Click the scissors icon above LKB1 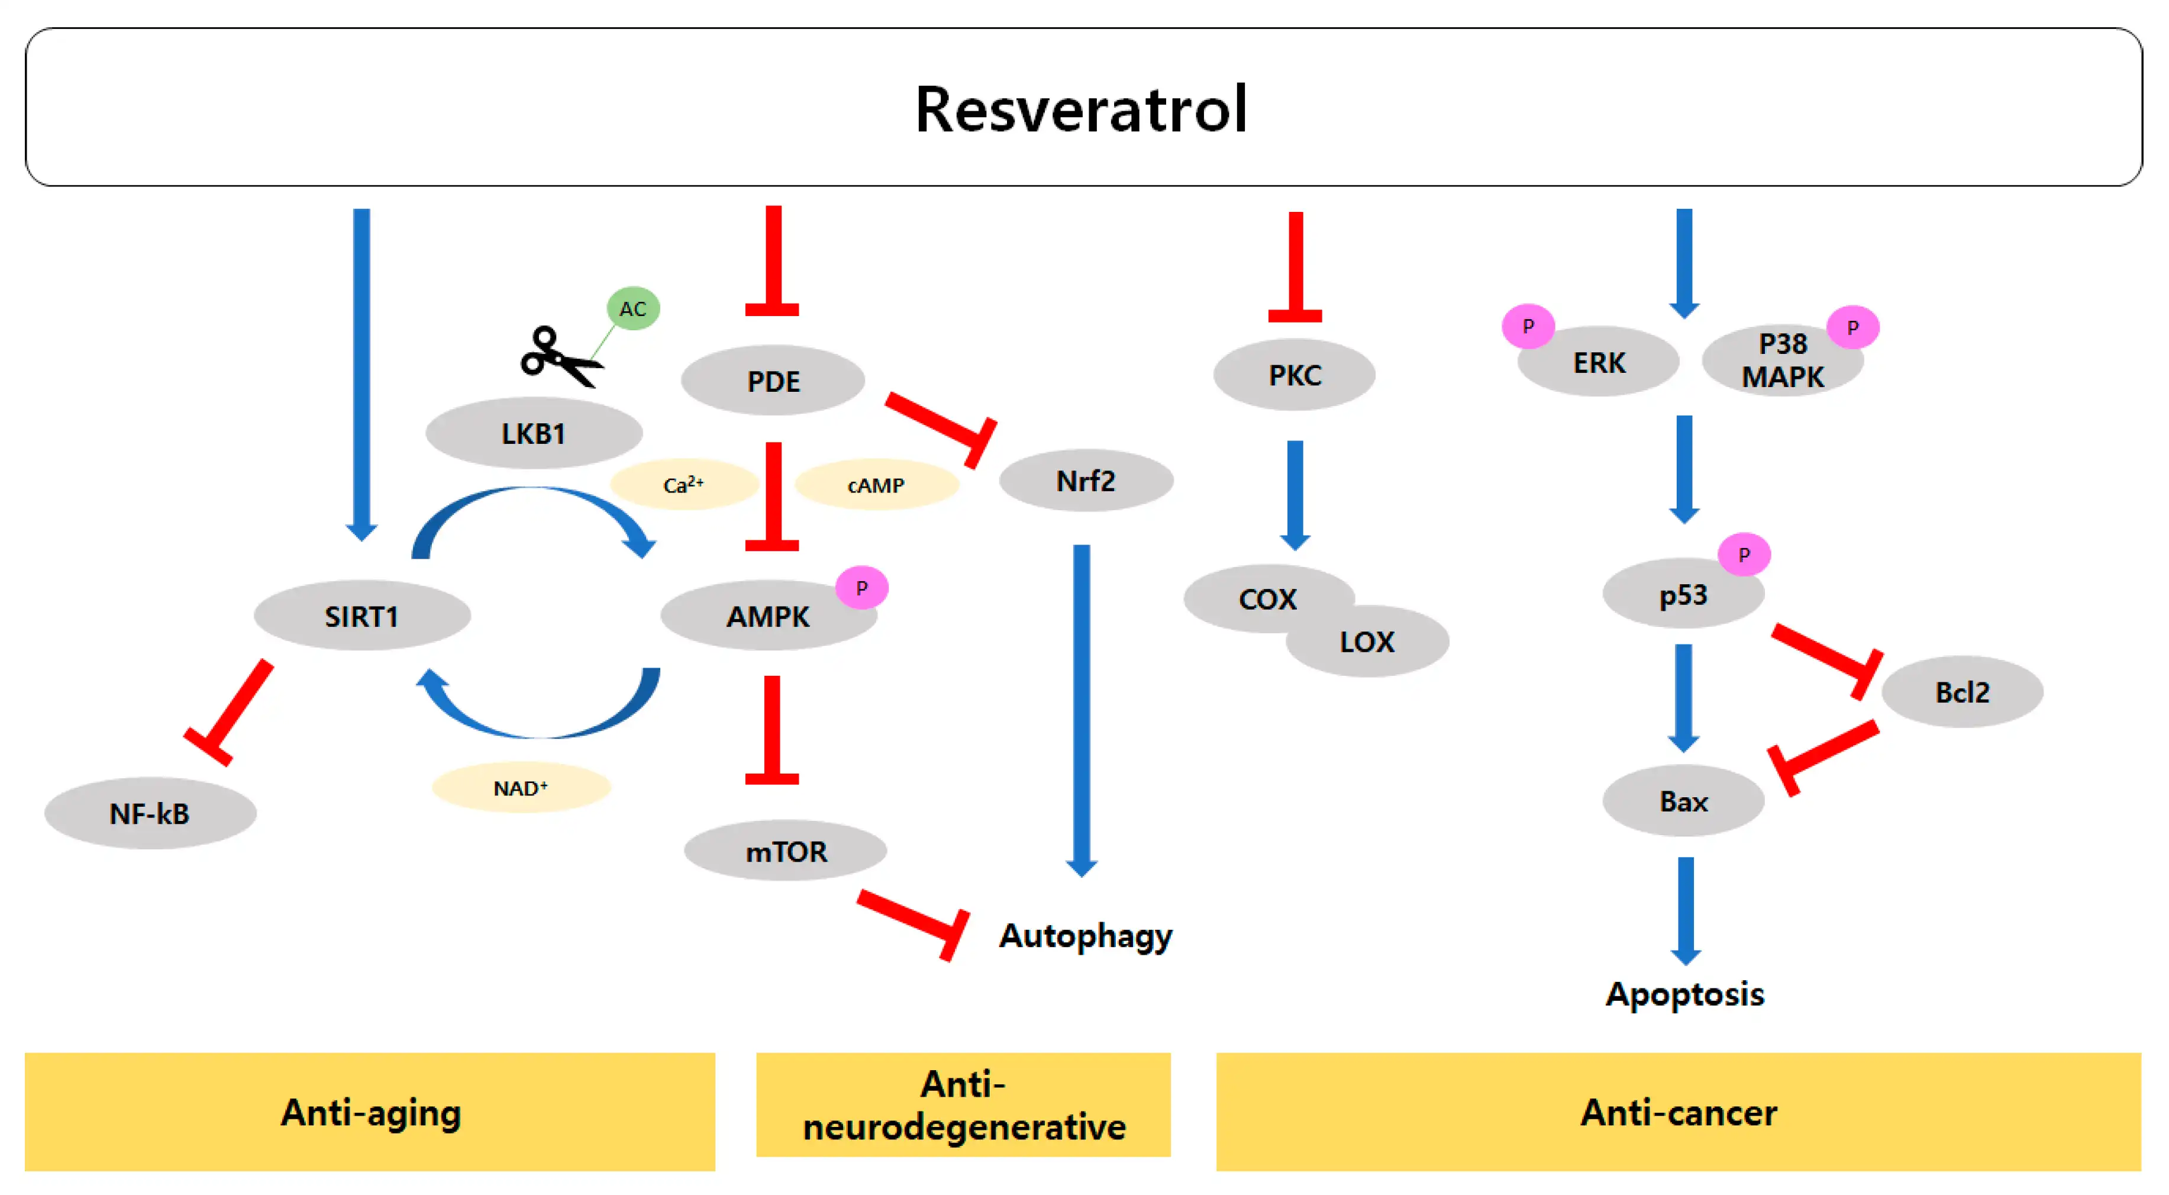[x=559, y=357]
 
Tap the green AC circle [x=632, y=308]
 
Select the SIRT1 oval [x=362, y=616]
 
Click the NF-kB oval [x=150, y=813]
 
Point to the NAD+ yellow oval [x=520, y=787]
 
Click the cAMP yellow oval [x=876, y=485]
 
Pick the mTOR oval [x=786, y=851]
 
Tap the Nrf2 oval [x=1085, y=481]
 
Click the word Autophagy [x=1085, y=936]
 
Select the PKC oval [x=1294, y=375]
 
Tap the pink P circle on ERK [x=1528, y=326]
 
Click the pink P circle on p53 [x=1744, y=554]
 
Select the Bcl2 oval [x=1962, y=691]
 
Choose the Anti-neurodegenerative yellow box [x=963, y=1105]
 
